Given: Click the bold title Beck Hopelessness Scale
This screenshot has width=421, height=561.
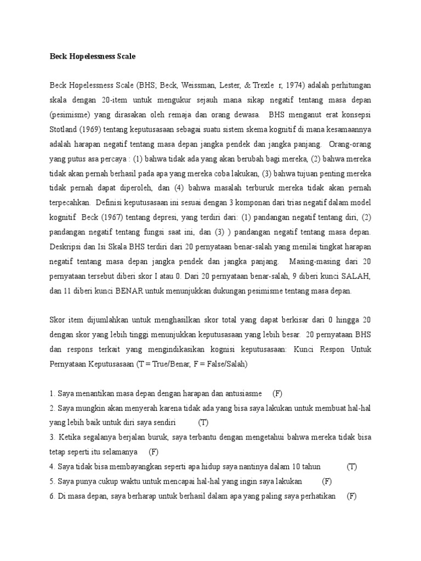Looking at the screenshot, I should coord(92,56).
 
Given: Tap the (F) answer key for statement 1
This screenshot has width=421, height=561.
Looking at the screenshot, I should coord(277,393).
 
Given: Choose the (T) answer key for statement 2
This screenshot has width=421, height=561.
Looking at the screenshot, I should coord(203,422).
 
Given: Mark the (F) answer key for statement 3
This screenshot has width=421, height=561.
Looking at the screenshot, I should coord(153,451).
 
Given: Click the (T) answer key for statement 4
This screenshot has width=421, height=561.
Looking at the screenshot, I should coord(351,466).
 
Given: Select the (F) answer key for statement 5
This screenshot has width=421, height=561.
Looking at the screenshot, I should coord(327,481).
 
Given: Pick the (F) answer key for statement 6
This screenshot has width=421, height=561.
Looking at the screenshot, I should coord(352,496).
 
